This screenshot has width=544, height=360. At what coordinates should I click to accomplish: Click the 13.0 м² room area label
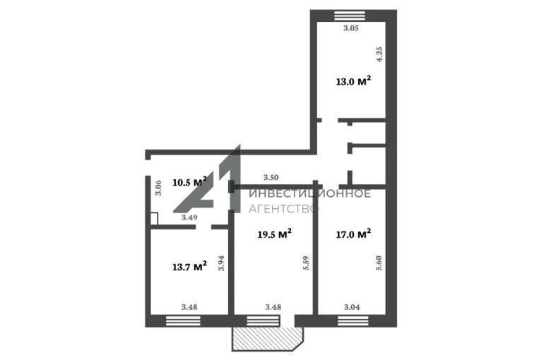click(x=353, y=81)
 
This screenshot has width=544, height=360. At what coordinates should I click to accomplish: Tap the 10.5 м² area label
click(x=189, y=182)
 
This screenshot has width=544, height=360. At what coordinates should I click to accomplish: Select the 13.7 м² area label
click(x=189, y=267)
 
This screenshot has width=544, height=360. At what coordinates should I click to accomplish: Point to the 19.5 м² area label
click(x=274, y=234)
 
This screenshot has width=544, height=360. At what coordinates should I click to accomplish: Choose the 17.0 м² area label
click(x=353, y=234)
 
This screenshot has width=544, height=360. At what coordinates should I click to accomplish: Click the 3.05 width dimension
click(x=351, y=28)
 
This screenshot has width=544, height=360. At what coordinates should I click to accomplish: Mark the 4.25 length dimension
click(x=379, y=54)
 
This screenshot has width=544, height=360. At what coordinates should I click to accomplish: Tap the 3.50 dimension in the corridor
click(x=271, y=177)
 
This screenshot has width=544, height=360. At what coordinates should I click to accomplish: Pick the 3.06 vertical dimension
click(x=158, y=188)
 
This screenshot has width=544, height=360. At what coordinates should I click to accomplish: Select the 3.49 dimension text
click(x=189, y=217)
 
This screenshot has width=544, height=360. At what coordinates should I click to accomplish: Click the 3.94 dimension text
click(x=221, y=263)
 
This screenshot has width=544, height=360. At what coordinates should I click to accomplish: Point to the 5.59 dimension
click(x=306, y=263)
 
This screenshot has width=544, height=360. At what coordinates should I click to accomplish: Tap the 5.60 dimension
click(x=379, y=263)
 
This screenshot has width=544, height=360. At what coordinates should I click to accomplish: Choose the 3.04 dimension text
click(x=352, y=307)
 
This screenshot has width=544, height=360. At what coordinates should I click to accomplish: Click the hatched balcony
click(x=268, y=339)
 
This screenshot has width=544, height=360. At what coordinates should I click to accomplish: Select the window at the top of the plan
click(x=350, y=16)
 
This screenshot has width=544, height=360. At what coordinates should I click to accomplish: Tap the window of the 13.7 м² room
click(x=184, y=321)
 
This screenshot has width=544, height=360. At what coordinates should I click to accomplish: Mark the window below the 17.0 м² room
click(x=353, y=321)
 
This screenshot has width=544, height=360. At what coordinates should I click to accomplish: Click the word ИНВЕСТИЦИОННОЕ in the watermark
click(x=310, y=193)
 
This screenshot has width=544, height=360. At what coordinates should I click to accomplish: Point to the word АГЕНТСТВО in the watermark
click(x=283, y=209)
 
